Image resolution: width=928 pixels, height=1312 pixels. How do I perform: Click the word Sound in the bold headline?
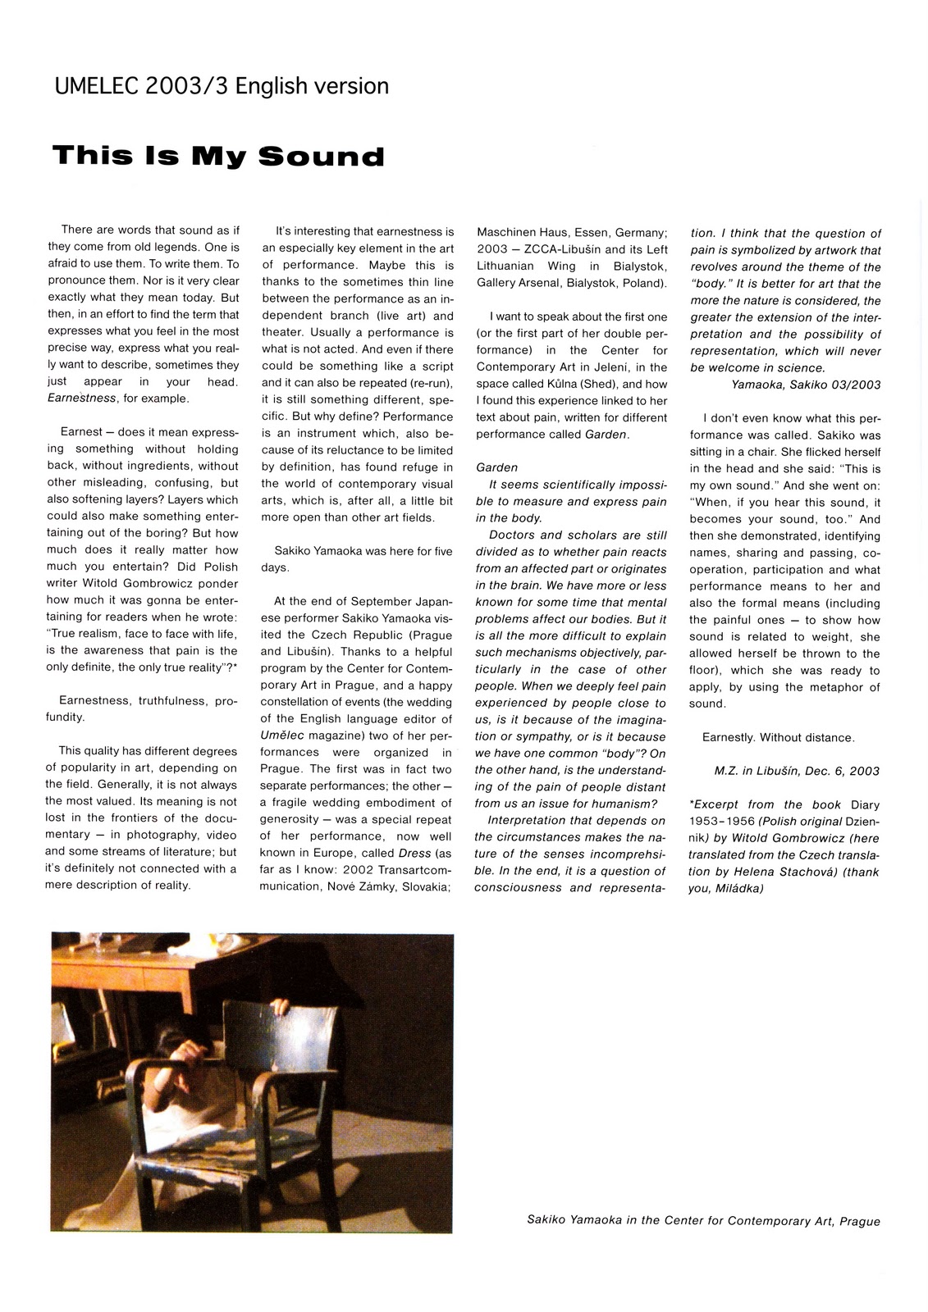coord(322,156)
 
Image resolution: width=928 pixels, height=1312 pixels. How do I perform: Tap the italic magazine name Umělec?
coord(280,736)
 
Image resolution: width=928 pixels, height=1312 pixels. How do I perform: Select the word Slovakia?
coord(423,886)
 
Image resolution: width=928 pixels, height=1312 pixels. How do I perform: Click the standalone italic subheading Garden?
coord(496,467)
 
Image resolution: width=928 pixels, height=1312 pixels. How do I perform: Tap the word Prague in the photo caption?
coord(860,1221)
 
